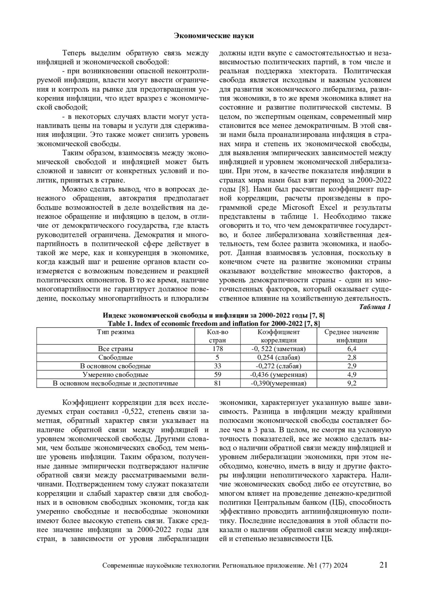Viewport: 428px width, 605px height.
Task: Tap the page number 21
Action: [383, 565]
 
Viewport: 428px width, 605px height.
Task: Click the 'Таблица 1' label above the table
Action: [375, 307]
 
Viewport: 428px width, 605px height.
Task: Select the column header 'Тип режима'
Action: [116, 332]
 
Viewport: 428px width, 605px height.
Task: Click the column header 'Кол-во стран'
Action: [218, 336]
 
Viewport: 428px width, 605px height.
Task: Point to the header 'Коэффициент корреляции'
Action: [279, 336]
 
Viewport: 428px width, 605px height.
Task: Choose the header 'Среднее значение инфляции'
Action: [352, 336]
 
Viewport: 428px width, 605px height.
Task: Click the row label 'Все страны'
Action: [116, 349]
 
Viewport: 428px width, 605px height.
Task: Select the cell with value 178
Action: [218, 349]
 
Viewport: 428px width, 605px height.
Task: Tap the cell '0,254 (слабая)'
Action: [279, 358]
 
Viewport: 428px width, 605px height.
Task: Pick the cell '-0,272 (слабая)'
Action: [279, 366]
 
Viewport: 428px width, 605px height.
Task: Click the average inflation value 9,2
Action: [352, 384]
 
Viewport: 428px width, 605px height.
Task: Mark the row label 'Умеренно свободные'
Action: [116, 375]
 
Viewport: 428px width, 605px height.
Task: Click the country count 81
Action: [218, 384]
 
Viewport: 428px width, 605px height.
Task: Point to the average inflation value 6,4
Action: [352, 349]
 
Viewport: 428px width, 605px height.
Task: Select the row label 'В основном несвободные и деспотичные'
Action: [116, 384]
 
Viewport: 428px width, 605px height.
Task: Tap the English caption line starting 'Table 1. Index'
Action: [214, 324]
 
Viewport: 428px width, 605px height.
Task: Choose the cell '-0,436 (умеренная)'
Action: [279, 375]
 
